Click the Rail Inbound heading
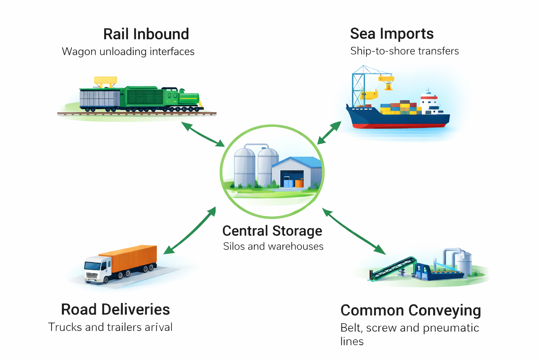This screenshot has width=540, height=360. (x=146, y=34)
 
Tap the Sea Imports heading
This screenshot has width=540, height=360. (x=392, y=34)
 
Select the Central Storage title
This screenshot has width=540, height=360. (x=272, y=231)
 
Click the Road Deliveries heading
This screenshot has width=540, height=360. (x=115, y=310)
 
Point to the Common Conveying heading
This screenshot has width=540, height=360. (x=411, y=311)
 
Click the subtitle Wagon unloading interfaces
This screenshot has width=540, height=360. (x=128, y=52)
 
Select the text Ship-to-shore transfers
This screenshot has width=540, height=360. (x=404, y=51)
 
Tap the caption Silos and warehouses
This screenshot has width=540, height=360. (x=273, y=246)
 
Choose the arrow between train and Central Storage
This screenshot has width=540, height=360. (x=203, y=134)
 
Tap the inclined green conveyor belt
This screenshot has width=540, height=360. (x=392, y=269)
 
